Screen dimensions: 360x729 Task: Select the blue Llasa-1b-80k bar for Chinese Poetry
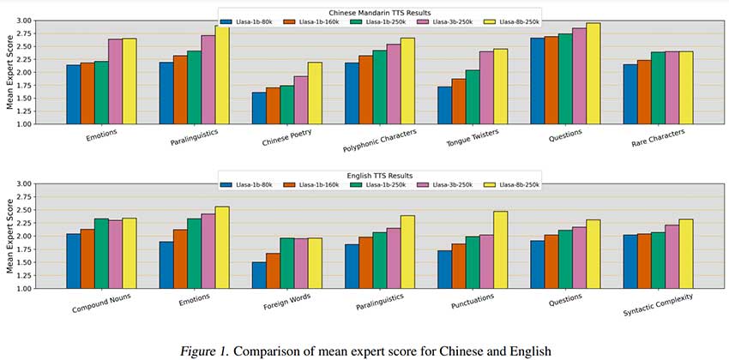coord(259,108)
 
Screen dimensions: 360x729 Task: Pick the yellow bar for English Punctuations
coord(501,249)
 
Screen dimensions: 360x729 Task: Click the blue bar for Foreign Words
coord(259,275)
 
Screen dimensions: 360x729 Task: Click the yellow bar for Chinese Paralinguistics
coord(222,75)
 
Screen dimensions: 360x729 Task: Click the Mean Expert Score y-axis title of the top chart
coord(9,72)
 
